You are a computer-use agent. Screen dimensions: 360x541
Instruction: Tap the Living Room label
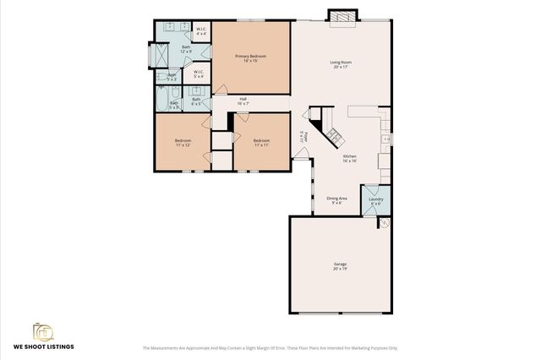341,64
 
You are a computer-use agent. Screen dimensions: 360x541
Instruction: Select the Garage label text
340,266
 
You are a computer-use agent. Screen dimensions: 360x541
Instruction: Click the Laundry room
376,200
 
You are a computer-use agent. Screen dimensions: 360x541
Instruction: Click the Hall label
243,101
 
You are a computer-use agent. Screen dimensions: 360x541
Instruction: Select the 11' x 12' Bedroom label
183,142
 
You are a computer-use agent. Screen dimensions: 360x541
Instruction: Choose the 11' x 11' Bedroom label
261,142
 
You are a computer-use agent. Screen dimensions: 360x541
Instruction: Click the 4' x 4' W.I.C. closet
201,31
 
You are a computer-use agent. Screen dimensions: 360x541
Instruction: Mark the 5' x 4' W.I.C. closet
198,74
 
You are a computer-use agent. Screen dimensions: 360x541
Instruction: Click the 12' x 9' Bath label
185,50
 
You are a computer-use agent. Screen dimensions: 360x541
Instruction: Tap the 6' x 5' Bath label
196,101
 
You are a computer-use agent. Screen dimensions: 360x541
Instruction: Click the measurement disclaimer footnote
270,347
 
